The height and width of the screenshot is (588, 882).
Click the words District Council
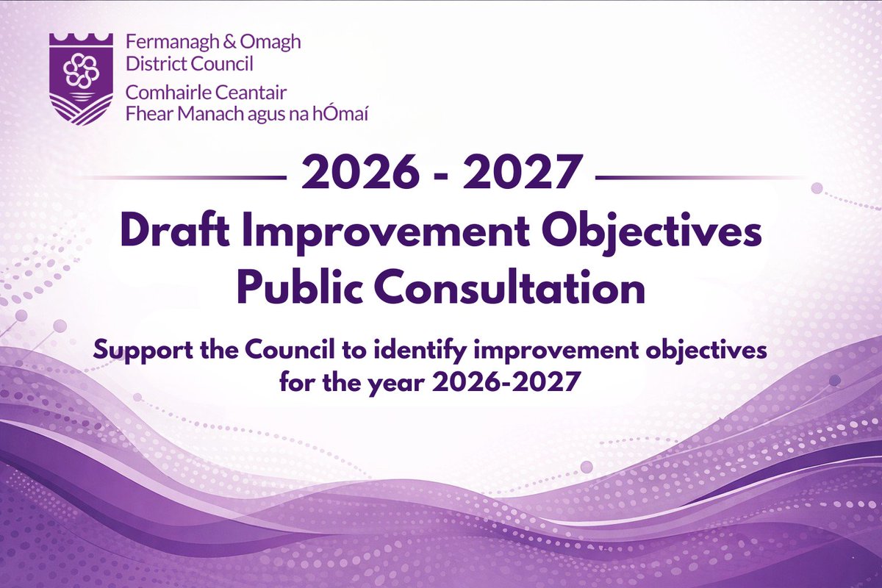tap(189, 64)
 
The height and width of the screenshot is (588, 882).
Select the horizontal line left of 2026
tap(184, 177)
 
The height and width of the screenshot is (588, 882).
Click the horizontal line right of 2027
tap(702, 177)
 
